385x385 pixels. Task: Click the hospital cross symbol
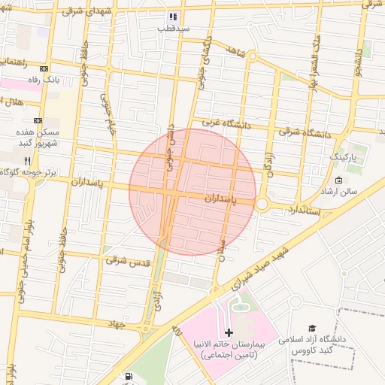pyautogui.click(x=229, y=332)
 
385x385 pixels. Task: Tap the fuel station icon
pyautogui.click(x=130, y=376)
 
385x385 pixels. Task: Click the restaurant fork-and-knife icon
pyautogui.click(x=28, y=161)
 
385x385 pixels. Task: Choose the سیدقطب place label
pyautogui.click(x=172, y=28)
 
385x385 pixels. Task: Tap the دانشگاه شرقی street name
pyautogui.click(x=305, y=134)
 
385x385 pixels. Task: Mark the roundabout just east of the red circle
pyautogui.click(x=262, y=203)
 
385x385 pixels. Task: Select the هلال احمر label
pyautogui.click(x=16, y=102)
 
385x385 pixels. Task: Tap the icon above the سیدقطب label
pyautogui.click(x=172, y=16)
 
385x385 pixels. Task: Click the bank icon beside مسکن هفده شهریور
pyautogui.click(x=38, y=120)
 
